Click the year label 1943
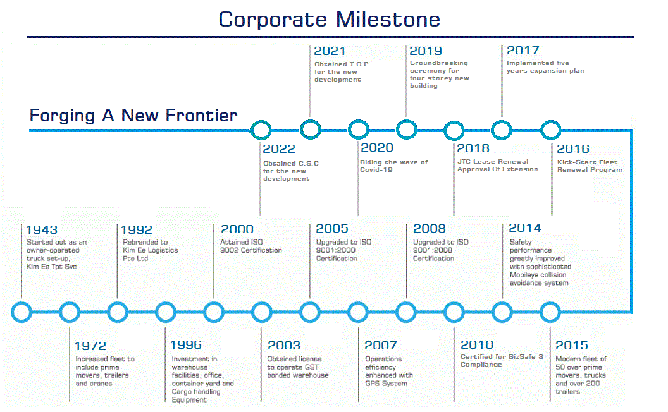coord(41,230)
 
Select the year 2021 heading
coord(330,51)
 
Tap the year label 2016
coord(573,149)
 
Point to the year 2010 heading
coord(477,345)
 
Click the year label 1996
coord(186,345)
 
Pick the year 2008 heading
coord(430,229)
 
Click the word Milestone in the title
coord(388,20)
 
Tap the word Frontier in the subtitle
coord(201,116)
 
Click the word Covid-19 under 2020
coord(376,170)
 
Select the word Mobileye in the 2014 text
coord(524,275)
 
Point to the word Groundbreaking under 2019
coord(439,63)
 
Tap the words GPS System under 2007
coord(386,384)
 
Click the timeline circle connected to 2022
coord(261,130)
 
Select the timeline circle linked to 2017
coord(502,130)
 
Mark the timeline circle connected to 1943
coord(22,312)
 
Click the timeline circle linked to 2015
coord(550,312)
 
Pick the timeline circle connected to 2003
coord(262,312)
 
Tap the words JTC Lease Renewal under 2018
coord(493,162)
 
